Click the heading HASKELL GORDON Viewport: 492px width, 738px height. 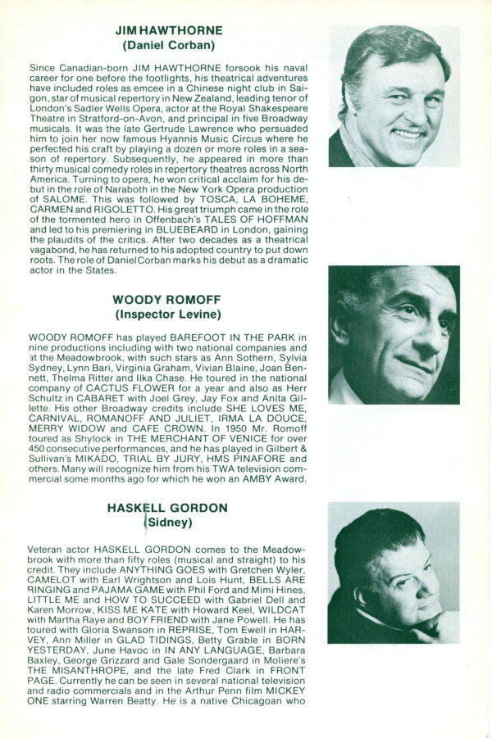(x=167, y=508)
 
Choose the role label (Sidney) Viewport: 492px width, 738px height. (x=167, y=522)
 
